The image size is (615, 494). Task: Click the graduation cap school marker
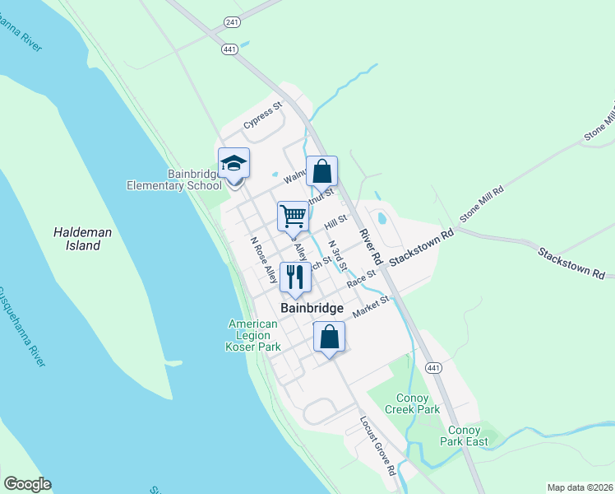tap(234, 164)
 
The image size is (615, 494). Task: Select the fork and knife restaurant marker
tap(295, 277)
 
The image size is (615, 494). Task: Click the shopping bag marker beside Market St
tap(329, 337)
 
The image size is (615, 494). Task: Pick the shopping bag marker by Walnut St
tap(322, 172)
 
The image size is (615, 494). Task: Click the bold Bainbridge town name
tap(312, 308)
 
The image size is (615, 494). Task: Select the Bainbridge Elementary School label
tap(174, 179)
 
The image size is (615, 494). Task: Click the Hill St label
tap(336, 222)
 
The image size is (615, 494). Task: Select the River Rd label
tap(371, 245)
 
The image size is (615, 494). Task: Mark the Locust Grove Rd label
tap(378, 445)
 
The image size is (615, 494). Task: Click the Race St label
tap(361, 281)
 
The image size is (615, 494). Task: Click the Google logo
tap(27, 484)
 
